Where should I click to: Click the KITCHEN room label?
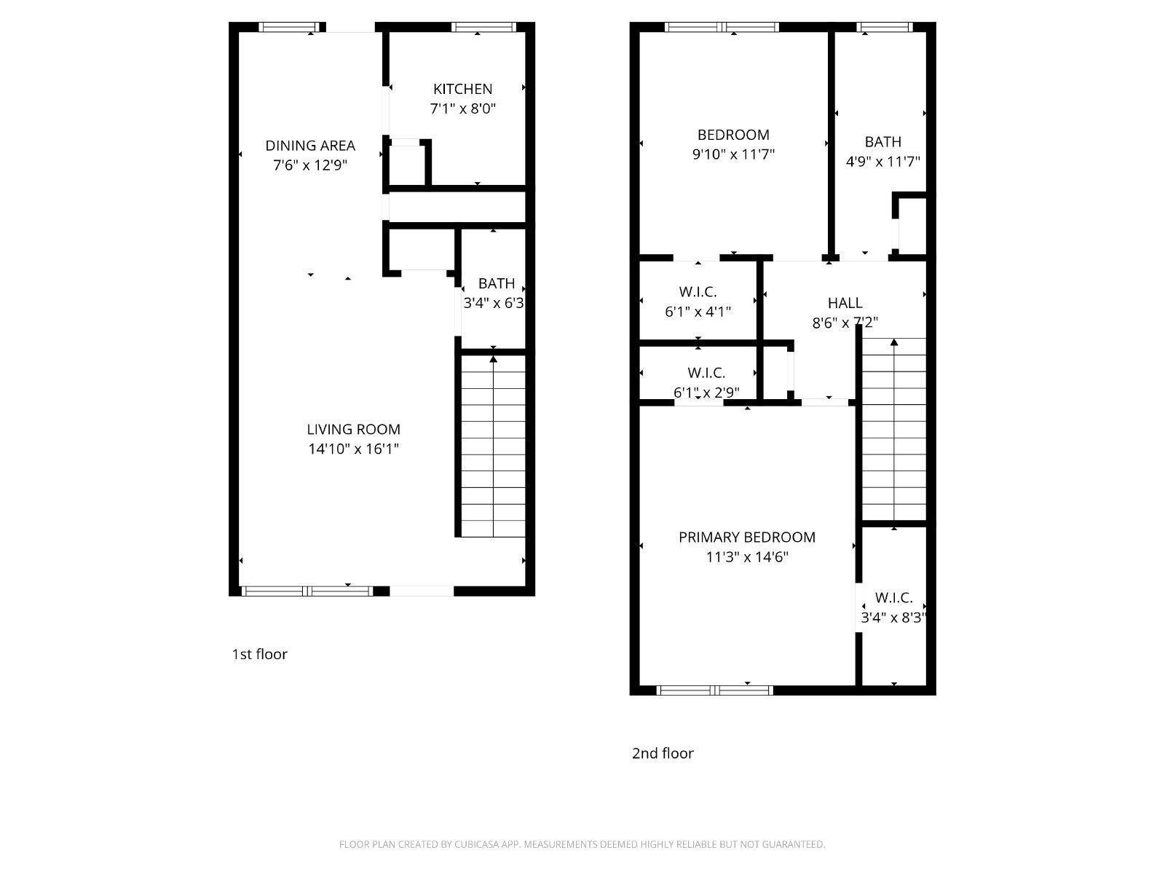pyautogui.click(x=462, y=89)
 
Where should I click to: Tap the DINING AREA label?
pyautogui.click(x=310, y=146)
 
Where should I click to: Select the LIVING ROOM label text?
pyautogui.click(x=353, y=429)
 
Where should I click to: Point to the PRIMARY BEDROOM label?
pyautogui.click(x=747, y=538)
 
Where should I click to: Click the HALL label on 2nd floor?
pyautogui.click(x=845, y=303)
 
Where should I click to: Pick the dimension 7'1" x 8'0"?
pyautogui.click(x=462, y=109)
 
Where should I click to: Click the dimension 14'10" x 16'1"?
pyautogui.click(x=353, y=449)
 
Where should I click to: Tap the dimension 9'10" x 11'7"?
pyautogui.click(x=733, y=154)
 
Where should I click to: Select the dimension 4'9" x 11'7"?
pyautogui.click(x=882, y=161)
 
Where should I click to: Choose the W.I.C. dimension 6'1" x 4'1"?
pyautogui.click(x=698, y=312)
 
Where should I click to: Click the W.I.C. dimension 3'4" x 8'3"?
pyautogui.click(x=894, y=618)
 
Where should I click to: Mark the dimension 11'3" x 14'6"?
pyautogui.click(x=747, y=557)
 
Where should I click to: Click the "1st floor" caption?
pyautogui.click(x=259, y=654)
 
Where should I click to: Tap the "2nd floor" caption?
pyautogui.click(x=663, y=754)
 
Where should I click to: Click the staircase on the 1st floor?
pyautogui.click(x=493, y=446)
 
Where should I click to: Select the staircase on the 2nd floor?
pyautogui.click(x=894, y=429)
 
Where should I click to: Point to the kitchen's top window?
pyautogui.click(x=483, y=27)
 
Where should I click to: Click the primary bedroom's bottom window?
pyautogui.click(x=714, y=690)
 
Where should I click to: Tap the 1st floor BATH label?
pyautogui.click(x=497, y=284)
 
